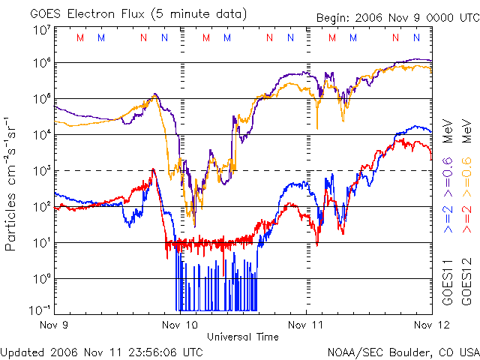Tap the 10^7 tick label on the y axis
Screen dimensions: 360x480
click(x=42, y=31)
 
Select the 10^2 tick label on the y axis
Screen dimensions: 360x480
click(x=42, y=208)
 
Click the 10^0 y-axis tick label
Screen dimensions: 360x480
click(x=42, y=280)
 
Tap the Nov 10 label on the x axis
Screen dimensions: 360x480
click(x=181, y=325)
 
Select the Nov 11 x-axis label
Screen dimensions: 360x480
click(x=307, y=325)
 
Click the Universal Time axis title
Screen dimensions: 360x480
click(x=242, y=337)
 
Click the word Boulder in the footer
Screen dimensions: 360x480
click(x=406, y=351)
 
